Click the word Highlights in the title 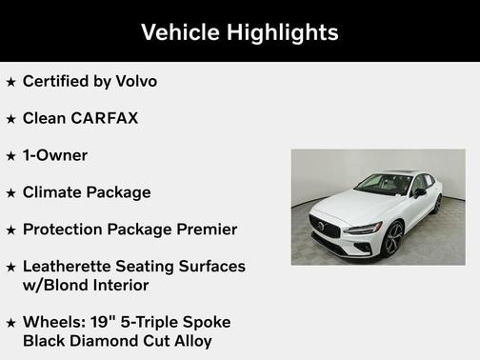(x=283, y=32)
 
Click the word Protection (x=66, y=230)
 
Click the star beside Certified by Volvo (x=10, y=82)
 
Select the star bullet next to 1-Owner (x=10, y=156)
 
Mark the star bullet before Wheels (x=10, y=323)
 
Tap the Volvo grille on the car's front (x=324, y=227)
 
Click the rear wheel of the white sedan (x=437, y=204)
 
